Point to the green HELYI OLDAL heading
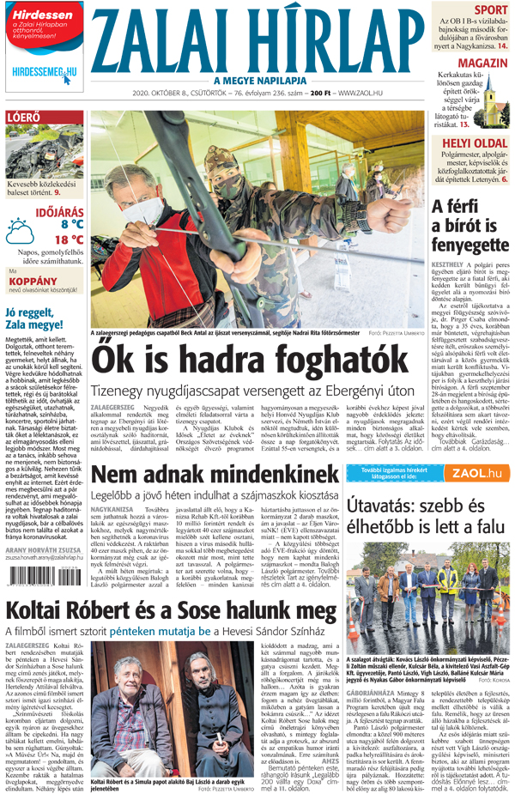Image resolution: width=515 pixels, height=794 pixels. click(475, 140)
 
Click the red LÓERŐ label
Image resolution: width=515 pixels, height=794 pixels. click(23, 118)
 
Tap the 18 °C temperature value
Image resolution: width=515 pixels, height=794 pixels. click(69, 239)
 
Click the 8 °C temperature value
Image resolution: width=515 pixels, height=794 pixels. click(72, 223)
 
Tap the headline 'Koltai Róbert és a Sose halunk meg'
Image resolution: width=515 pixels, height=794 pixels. click(171, 610)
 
